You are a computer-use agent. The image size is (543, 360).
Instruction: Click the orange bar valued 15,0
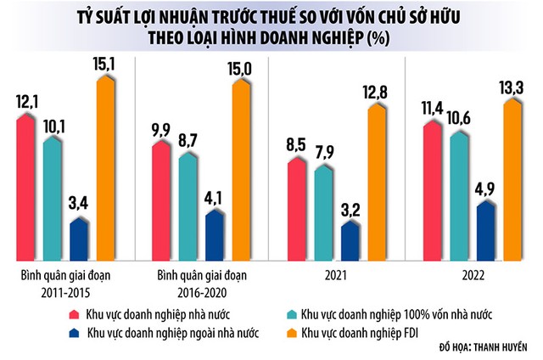pyautogui.click(x=241, y=170)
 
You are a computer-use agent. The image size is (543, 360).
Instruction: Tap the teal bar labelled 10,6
pyautogui.click(x=458, y=195)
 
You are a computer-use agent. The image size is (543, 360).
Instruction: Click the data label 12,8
pyautogui.click(x=378, y=90)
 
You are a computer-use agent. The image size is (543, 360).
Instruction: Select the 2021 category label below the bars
pyautogui.click(x=337, y=275)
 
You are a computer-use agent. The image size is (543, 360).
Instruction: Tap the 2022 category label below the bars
pyautogui.click(x=472, y=275)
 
